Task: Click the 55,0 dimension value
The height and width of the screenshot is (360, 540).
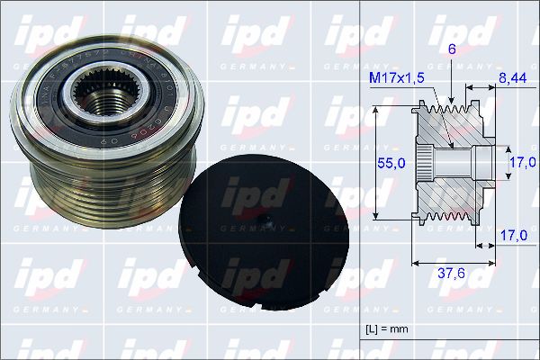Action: point(388,162)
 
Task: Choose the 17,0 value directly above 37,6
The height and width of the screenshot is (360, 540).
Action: point(512,235)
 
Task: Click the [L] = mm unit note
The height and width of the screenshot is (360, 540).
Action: point(388,328)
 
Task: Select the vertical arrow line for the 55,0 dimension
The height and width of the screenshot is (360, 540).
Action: point(374,163)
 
